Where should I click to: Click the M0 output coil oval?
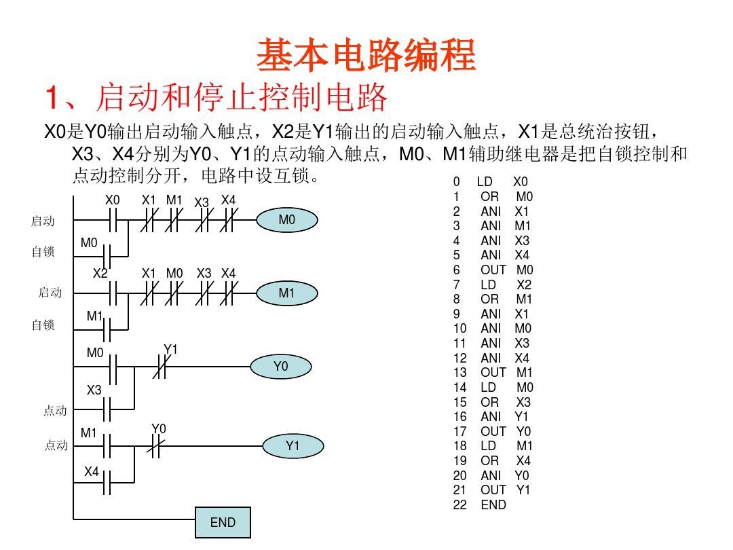[287, 220]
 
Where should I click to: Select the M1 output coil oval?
[287, 293]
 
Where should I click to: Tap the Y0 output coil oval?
[281, 367]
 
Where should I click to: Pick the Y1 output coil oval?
[293, 445]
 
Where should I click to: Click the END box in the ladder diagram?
[223, 522]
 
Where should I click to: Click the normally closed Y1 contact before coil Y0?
[159, 367]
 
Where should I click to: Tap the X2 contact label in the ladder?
[100, 273]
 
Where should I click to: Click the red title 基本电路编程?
[366, 55]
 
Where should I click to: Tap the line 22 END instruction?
[480, 505]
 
